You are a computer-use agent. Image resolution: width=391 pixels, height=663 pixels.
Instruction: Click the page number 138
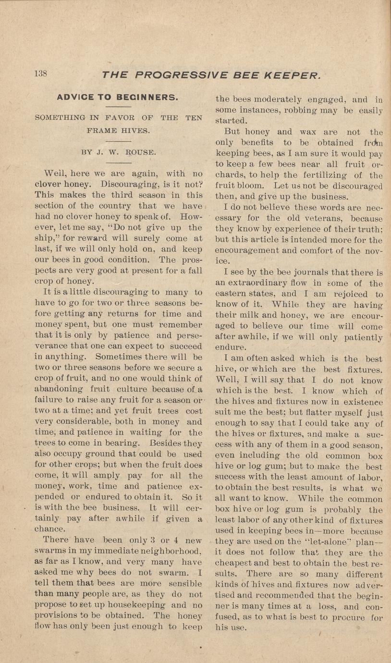(x=40, y=74)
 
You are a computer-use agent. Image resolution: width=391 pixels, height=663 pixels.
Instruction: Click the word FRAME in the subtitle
(x=102, y=130)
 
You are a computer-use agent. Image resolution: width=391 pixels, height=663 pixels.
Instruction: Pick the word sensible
(x=179, y=584)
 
